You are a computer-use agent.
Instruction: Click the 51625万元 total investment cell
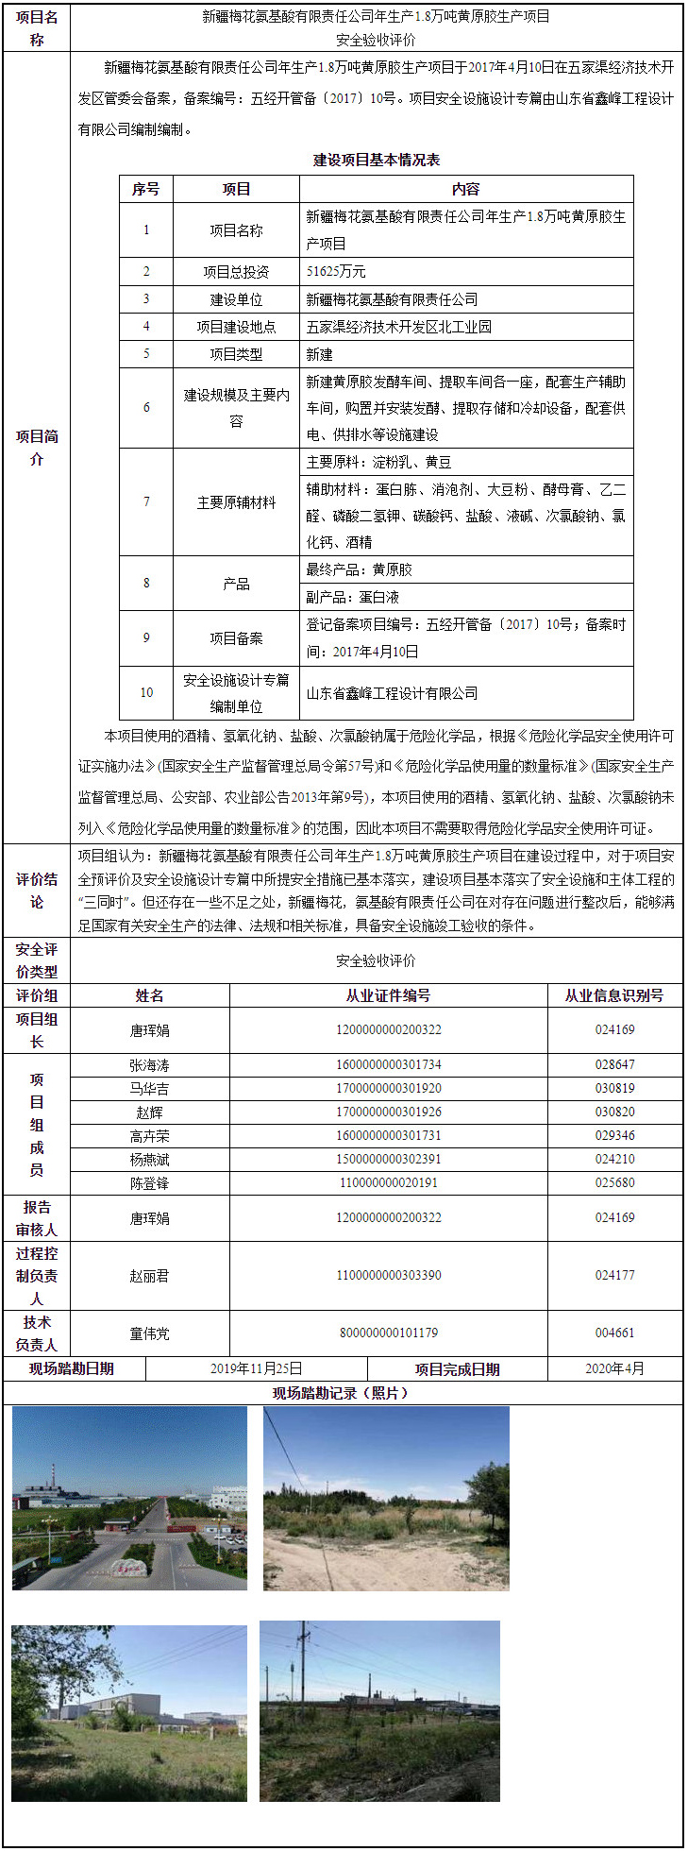[336, 271]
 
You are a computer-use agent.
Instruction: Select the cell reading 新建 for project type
[320, 354]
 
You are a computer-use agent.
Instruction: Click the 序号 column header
[145, 189]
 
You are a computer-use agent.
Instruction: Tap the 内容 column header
[465, 189]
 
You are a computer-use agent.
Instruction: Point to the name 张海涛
[149, 1064]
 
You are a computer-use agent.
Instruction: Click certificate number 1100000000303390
[388, 1275]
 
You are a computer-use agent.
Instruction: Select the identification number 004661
[614, 1333]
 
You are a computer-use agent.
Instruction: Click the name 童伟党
[149, 1333]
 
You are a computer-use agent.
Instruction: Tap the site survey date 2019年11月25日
[256, 1367]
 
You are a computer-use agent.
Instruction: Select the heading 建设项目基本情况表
[377, 160]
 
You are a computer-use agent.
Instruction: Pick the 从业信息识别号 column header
[614, 995]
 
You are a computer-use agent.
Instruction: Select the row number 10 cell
[146, 692]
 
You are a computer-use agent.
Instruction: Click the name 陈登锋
[149, 1182]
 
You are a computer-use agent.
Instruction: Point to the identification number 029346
[614, 1135]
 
